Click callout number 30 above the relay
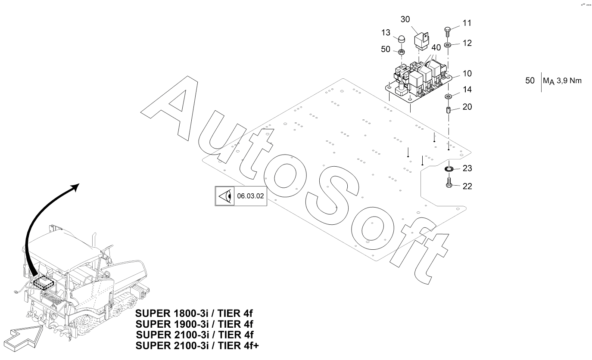pos(405,19)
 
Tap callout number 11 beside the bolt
pos(467,23)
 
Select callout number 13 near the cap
pos(386,33)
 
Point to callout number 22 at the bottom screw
pos(467,186)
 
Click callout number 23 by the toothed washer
pos(467,168)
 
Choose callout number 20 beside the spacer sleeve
pos(467,107)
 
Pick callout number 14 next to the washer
pos(467,90)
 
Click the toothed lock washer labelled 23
pos(449,169)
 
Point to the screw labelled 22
pos(449,183)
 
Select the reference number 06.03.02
pos(250,196)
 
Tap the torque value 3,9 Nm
pos(569,81)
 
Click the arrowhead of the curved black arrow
pos(75,187)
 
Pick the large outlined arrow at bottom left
pos(24,338)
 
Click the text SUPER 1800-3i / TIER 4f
pos(194,313)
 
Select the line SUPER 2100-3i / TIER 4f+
pos(197,345)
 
